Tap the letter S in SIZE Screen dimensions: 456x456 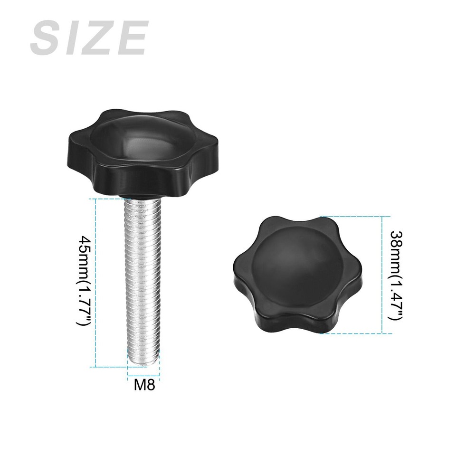[47, 38]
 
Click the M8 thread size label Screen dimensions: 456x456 [144, 384]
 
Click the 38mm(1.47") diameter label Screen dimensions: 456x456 [396, 275]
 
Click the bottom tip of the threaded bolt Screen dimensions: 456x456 [143, 365]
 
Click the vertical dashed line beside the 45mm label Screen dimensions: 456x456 [96, 283]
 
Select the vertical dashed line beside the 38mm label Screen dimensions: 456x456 [383, 275]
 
